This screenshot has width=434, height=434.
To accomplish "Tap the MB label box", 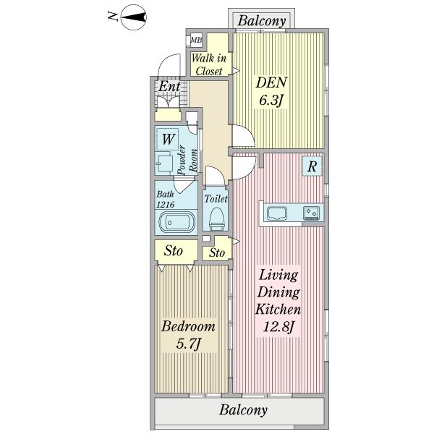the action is (196, 40).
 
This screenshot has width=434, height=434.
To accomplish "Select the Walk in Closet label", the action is (209, 65).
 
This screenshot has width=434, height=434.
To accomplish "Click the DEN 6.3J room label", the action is (271, 91).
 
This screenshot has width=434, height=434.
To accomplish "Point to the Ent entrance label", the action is (169, 86).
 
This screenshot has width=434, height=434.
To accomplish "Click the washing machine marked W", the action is (168, 139).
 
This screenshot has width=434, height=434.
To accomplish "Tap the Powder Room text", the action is (187, 161).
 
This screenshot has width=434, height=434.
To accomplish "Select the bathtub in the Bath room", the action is (177, 222).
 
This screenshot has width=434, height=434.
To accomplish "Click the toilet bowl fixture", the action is (217, 219).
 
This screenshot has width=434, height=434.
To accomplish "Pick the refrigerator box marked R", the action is (312, 166).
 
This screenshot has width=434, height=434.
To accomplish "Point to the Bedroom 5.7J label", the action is (188, 335).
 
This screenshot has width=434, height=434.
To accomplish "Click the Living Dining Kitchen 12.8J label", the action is (278, 301).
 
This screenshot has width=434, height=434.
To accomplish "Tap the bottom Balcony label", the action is (244, 410).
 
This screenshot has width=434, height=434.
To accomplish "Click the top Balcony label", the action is (262, 21).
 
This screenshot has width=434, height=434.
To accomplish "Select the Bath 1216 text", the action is (165, 200).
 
